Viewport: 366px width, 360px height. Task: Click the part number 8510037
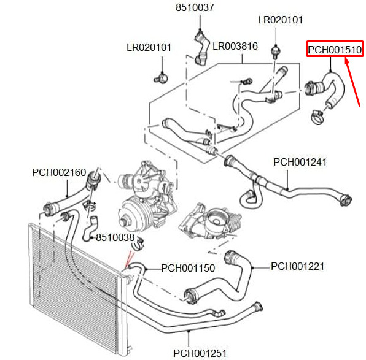[x=195, y=7]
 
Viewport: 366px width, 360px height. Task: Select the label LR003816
[x=235, y=46]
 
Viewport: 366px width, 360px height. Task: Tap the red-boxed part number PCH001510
[x=335, y=50]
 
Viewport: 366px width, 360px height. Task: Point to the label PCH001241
[x=300, y=162]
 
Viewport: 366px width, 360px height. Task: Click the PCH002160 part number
[x=59, y=172]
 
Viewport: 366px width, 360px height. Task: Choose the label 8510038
[x=115, y=237]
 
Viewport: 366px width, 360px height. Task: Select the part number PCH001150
[x=188, y=268]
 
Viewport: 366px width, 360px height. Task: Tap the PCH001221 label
[x=298, y=266]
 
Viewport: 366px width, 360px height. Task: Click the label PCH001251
[x=200, y=353]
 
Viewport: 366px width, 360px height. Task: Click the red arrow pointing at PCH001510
[x=352, y=83]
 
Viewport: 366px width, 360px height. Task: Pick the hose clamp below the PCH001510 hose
[x=317, y=117]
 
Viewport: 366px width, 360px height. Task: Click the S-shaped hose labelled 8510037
[x=201, y=49]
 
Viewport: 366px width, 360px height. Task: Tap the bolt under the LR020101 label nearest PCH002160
[x=162, y=78]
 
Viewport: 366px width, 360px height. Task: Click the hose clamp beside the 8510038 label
[x=138, y=245]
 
